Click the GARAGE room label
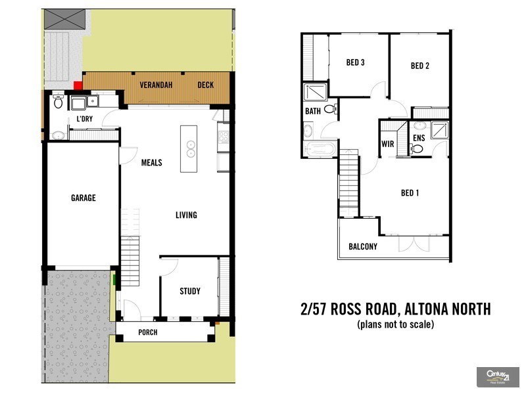click(84, 198)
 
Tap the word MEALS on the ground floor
click(151, 163)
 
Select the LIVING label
click(186, 215)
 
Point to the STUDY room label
click(190, 292)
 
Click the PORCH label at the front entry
click(147, 332)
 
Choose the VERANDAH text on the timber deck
click(156, 85)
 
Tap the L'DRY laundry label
click(84, 119)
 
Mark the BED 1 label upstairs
click(410, 193)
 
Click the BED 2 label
click(419, 66)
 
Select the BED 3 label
click(355, 63)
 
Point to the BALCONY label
click(363, 247)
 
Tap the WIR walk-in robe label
click(387, 144)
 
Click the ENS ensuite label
click(419, 138)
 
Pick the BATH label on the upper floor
click(313, 112)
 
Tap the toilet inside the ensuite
click(416, 149)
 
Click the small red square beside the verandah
click(78, 84)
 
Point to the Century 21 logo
click(497, 377)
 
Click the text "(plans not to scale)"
click(395, 324)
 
